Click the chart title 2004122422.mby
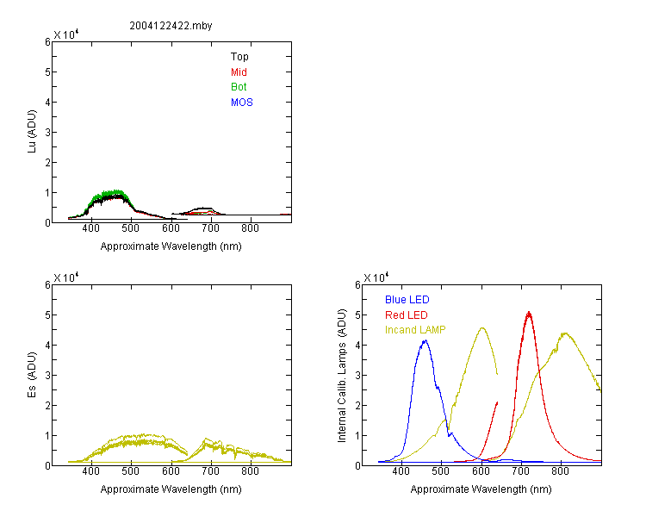(x=171, y=26)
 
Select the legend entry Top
(x=239, y=57)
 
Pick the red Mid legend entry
(x=239, y=72)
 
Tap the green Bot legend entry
(x=239, y=87)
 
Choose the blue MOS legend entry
(x=242, y=103)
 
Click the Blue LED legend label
(x=407, y=300)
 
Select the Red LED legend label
(x=407, y=315)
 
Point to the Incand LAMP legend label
(x=415, y=330)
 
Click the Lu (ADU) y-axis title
(x=32, y=132)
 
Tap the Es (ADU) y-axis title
(x=32, y=375)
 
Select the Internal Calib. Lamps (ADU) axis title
(x=342, y=376)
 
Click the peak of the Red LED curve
(x=529, y=312)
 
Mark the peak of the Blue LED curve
(x=425, y=340)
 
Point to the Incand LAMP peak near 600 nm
(x=482, y=328)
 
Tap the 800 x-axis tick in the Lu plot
(x=250, y=228)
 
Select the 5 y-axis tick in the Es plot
(x=47, y=315)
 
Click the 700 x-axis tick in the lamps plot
(x=520, y=471)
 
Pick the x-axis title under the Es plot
(x=171, y=489)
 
